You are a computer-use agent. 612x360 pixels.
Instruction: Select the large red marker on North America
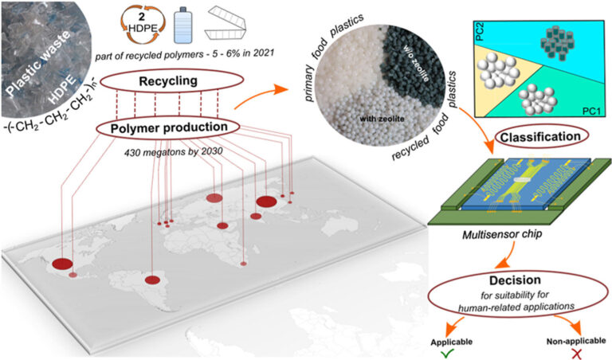(x=61, y=263)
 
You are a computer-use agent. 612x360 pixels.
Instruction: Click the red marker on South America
(x=151, y=280)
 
